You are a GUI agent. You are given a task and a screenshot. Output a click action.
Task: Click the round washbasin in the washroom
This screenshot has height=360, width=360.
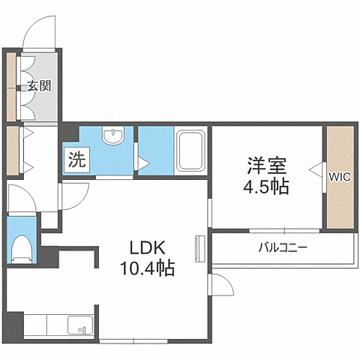pos(113,136)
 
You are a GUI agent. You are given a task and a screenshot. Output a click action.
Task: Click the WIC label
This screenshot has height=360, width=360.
pos(338,177)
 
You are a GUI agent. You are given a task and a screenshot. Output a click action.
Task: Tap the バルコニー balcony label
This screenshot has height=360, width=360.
pos(283,246)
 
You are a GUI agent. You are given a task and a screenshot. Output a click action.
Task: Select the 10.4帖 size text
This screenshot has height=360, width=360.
pos(147,268)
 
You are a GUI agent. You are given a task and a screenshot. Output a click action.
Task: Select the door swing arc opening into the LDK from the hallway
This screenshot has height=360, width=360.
pos(73,196)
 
